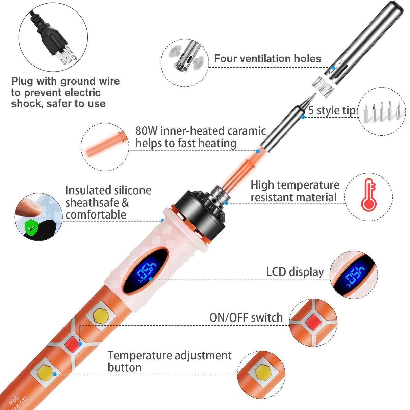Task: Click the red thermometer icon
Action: [x=368, y=196]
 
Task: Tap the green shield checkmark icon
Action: [x=31, y=227]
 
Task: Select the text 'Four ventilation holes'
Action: [x=267, y=59]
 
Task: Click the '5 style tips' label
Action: [x=333, y=110]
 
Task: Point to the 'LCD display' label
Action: [x=295, y=272]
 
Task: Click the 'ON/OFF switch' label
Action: [x=246, y=317]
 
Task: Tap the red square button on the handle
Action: [x=72, y=344]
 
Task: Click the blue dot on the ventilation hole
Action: [x=333, y=67]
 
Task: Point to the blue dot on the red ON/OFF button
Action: [x=80, y=344]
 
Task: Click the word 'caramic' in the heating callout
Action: [x=247, y=131]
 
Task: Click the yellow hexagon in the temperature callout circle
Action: [x=263, y=374]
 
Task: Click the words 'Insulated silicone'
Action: [x=108, y=190]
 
